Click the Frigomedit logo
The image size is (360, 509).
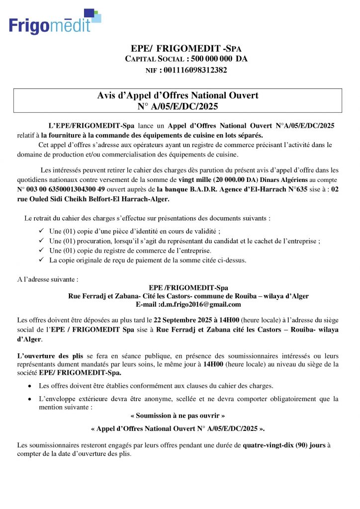tap(55, 22)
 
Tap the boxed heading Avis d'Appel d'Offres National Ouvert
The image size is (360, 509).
tap(178, 95)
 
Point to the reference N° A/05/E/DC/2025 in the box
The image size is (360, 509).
tap(178, 106)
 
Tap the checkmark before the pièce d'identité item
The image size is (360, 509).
tap(41, 232)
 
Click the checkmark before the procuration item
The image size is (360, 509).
tap(41, 241)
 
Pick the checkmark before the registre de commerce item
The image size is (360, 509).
tap(41, 251)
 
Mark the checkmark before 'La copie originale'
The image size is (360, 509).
tap(41, 260)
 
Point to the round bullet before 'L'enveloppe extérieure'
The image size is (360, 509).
tap(31, 399)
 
